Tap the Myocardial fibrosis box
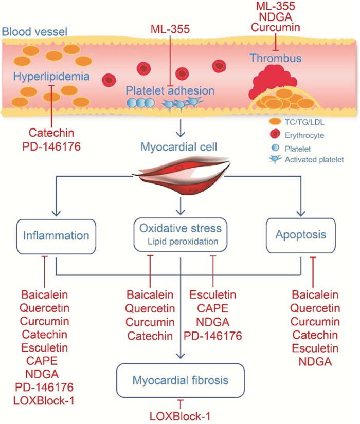(179, 380)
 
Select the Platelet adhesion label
(170, 90)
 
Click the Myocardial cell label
(179, 148)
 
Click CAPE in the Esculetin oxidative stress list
(213, 308)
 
